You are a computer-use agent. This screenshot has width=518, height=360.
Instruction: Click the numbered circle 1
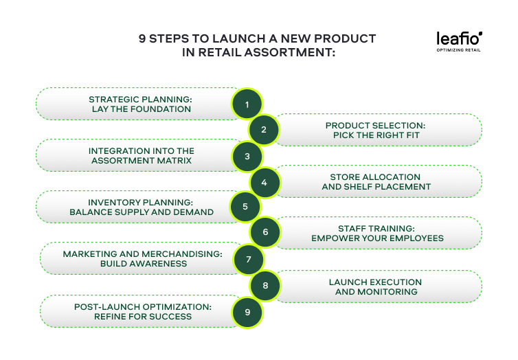(x=247, y=104)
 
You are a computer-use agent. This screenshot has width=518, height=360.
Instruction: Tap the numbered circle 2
(x=263, y=130)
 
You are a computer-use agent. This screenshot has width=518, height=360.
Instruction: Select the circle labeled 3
(x=247, y=156)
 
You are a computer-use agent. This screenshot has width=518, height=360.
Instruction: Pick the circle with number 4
(x=263, y=182)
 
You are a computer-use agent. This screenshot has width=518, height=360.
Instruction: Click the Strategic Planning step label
(x=141, y=104)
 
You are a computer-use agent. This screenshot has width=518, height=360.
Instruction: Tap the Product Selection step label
(x=375, y=130)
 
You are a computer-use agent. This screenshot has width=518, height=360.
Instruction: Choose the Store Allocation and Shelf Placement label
(x=376, y=182)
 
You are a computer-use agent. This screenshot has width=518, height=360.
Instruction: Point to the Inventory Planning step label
(x=141, y=207)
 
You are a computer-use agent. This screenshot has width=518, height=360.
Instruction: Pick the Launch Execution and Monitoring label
(x=375, y=286)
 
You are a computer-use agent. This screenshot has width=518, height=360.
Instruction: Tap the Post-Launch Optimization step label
(x=142, y=311)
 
